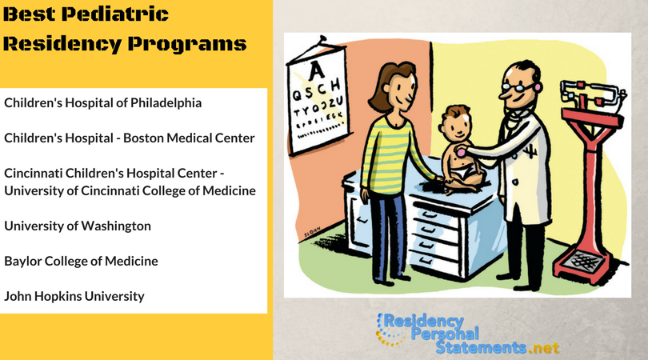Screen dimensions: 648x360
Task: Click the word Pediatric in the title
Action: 115,14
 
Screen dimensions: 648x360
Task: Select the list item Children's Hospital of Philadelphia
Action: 103,102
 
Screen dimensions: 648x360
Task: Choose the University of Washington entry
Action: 78,226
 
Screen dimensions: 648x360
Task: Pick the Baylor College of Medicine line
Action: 81,261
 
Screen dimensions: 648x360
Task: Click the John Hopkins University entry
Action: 74,296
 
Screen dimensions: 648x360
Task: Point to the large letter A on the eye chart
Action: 316,70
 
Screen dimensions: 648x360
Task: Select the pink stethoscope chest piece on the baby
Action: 460,152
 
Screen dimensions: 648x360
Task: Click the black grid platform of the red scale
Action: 582,259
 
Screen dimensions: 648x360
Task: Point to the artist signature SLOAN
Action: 312,232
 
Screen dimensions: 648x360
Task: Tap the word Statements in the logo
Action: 481,348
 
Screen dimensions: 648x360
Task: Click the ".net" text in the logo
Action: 544,348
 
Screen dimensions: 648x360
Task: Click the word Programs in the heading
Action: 186,44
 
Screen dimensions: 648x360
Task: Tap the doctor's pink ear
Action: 538,86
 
